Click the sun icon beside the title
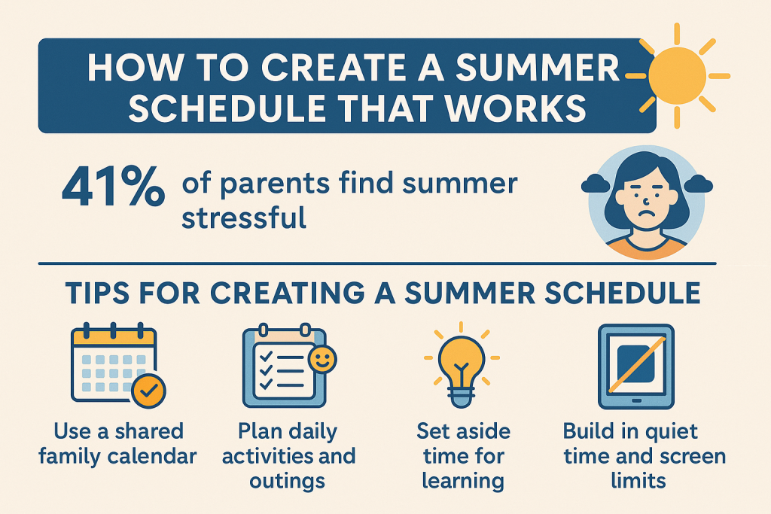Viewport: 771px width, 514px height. pos(678,76)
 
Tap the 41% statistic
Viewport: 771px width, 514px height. pos(113,187)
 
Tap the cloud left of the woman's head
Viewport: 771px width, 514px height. pos(596,184)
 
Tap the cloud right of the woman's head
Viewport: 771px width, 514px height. pos(698,184)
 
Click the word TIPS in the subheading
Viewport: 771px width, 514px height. pos(99,293)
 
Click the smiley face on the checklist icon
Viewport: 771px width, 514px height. pos(322,360)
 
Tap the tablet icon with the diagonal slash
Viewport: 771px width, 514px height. pos(635,366)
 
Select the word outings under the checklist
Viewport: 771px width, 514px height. pos(287,482)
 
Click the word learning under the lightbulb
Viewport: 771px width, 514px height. pos(463,481)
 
